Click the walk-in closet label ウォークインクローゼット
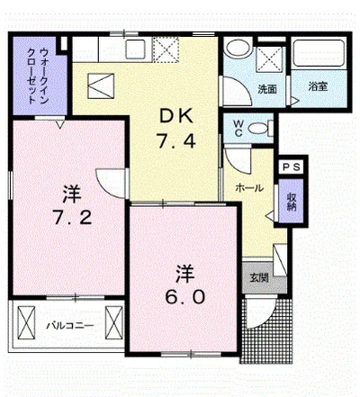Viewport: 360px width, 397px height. tap(34, 75)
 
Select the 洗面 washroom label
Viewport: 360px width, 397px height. tap(267, 88)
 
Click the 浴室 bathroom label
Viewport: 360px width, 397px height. tap(317, 87)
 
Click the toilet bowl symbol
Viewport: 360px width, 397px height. tap(259, 129)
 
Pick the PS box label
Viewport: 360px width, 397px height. tap(291, 167)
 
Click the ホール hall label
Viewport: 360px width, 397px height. tap(248, 187)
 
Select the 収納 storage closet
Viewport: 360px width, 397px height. tap(292, 202)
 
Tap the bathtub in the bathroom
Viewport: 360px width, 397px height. tap(319, 61)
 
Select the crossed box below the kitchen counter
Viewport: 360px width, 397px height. tap(100, 87)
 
